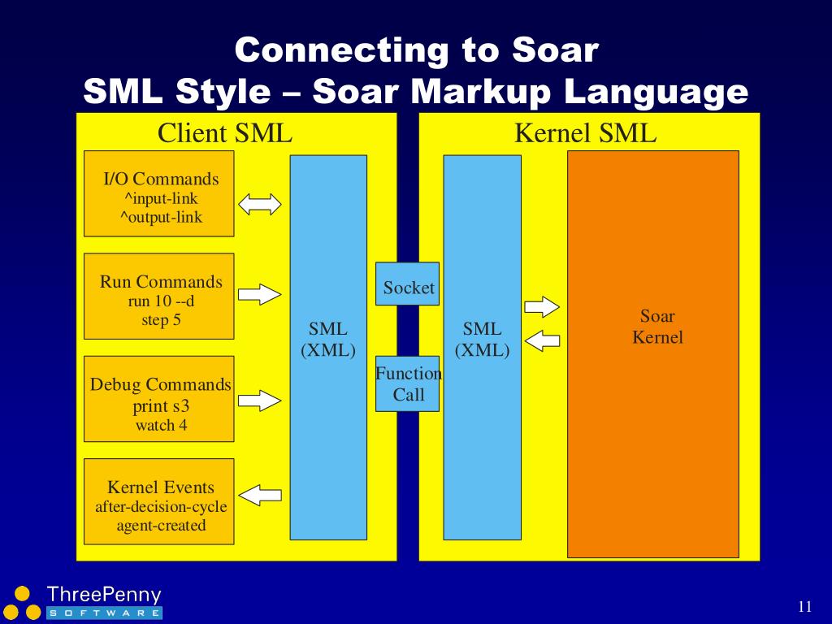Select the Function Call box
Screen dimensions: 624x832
[x=407, y=383]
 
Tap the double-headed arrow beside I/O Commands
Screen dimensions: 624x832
[x=259, y=203]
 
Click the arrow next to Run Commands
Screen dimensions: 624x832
[x=259, y=293]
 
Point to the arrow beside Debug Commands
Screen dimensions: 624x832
[x=259, y=400]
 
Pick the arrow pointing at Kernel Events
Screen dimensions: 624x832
[x=260, y=494]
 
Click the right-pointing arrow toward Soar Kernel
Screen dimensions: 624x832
[x=542, y=306]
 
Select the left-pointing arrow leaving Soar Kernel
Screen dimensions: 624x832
[x=542, y=340]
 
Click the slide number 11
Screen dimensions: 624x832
[x=805, y=606]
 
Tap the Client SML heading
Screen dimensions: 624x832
[x=224, y=133]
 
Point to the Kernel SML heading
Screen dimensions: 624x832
[x=585, y=133]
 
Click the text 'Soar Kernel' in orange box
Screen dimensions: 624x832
[x=657, y=327]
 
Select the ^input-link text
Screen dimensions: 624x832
[x=159, y=198]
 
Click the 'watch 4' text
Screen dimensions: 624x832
[x=161, y=425]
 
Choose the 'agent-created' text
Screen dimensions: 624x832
[x=161, y=526]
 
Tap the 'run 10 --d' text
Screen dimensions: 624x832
[x=161, y=301]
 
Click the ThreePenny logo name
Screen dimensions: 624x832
[x=104, y=595]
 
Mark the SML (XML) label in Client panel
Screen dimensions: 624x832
[x=328, y=340]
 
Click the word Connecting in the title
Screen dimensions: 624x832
[x=341, y=50]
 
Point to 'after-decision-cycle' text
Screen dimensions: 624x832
[x=161, y=507]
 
